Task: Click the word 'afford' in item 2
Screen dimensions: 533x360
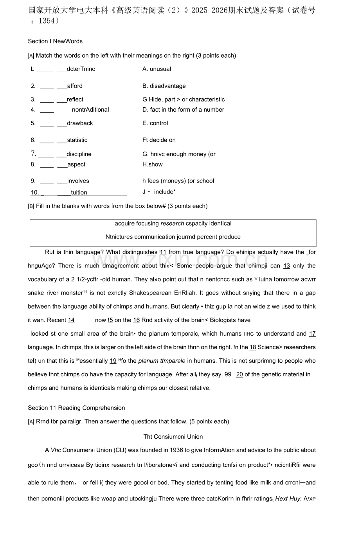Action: tap(75, 86)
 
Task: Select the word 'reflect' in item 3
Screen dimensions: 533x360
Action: tap(75, 100)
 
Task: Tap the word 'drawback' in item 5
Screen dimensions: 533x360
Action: tap(80, 123)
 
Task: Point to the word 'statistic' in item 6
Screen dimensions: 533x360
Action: tap(77, 140)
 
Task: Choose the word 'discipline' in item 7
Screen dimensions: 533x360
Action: tap(79, 154)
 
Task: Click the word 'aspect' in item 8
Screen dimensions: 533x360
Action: tap(76, 165)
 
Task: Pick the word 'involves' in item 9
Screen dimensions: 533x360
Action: tap(78, 181)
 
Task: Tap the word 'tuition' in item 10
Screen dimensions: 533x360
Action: tap(79, 193)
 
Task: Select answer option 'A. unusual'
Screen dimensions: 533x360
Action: tap(157, 69)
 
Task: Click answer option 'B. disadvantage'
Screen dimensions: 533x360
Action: tap(164, 86)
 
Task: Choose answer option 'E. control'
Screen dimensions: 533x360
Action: tap(155, 123)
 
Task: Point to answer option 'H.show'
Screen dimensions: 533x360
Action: tap(152, 165)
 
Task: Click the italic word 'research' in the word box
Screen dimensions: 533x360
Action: tap(172, 224)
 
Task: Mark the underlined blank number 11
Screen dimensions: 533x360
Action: tap(163, 253)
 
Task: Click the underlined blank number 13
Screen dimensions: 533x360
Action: tap(286, 266)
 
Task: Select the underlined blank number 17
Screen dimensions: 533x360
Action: tap(312, 334)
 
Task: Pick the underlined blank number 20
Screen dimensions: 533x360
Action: tap(239, 375)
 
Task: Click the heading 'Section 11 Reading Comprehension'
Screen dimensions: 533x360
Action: tap(76, 408)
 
